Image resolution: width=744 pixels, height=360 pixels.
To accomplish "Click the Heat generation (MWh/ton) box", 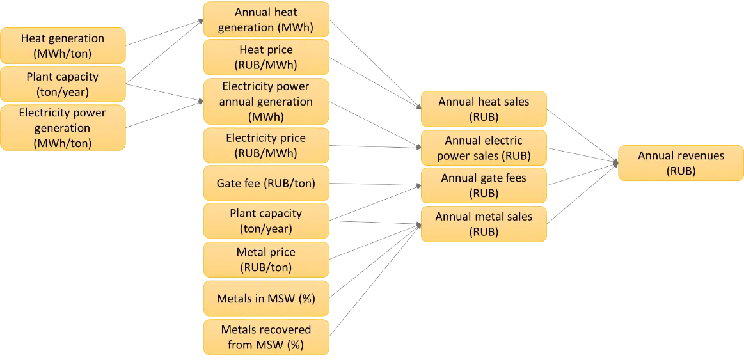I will [x=63, y=45].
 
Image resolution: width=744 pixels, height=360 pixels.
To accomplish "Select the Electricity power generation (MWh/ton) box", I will [x=63, y=128].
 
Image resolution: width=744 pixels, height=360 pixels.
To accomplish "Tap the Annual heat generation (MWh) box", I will [x=266, y=20].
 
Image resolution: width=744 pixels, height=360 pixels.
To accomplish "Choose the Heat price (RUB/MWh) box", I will [x=266, y=57].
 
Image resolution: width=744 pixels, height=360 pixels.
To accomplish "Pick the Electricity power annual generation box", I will [x=266, y=101].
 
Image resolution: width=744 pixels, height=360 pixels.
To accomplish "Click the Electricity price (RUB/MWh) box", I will [x=266, y=145].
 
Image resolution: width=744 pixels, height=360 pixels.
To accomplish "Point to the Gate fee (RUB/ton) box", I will [x=266, y=183].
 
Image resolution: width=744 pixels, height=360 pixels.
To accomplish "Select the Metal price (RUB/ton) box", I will [x=266, y=260].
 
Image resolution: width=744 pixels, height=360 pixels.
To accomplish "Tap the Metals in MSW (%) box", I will [x=266, y=298].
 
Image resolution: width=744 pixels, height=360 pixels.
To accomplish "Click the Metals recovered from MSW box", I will [x=266, y=337].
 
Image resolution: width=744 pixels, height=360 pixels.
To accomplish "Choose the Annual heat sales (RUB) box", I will [x=484, y=109].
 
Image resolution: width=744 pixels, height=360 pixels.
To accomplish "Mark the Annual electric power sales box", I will [x=484, y=148].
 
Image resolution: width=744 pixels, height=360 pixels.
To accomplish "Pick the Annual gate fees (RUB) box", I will [x=484, y=185].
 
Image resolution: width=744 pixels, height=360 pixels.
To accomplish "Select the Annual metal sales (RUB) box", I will [x=484, y=224].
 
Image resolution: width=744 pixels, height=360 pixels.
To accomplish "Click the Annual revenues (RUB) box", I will [x=681, y=163].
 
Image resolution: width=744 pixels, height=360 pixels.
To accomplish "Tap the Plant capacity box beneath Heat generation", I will [x=63, y=84].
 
